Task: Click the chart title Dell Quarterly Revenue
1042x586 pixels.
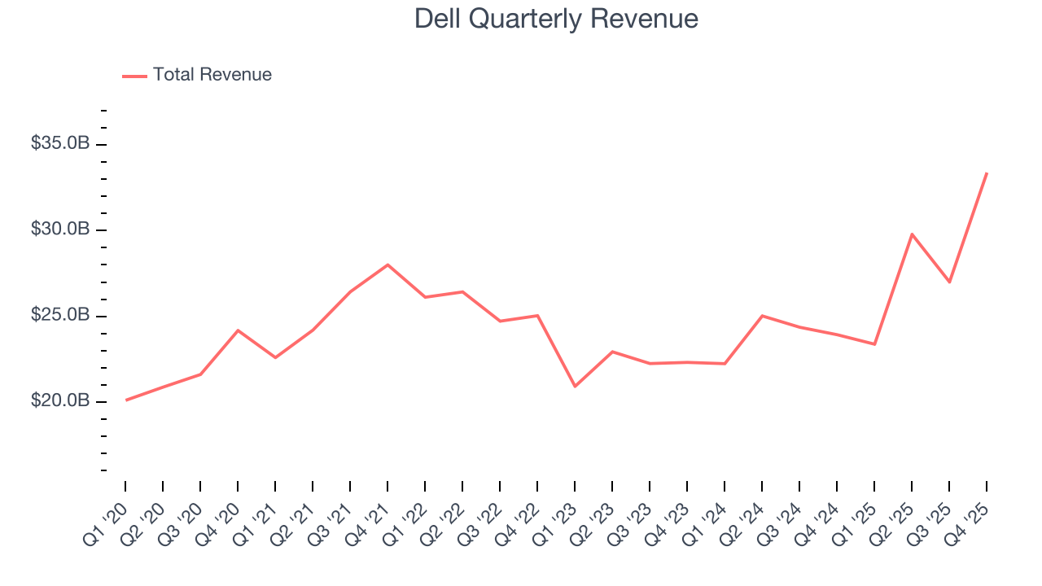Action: click(x=556, y=19)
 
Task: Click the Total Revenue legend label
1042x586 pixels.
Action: click(x=212, y=75)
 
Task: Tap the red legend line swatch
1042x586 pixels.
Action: click(x=134, y=76)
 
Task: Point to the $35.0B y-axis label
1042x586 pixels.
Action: click(x=60, y=143)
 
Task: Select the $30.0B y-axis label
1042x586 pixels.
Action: click(x=60, y=230)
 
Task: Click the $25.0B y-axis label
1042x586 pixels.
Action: click(x=60, y=315)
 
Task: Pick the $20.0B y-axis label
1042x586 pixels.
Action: click(x=60, y=401)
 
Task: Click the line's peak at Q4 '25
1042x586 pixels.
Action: click(x=987, y=173)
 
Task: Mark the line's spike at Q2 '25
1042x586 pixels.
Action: click(x=912, y=234)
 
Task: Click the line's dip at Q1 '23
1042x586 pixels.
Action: click(x=575, y=386)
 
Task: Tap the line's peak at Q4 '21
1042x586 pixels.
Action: click(x=387, y=265)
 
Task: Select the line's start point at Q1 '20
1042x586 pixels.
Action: click(x=126, y=400)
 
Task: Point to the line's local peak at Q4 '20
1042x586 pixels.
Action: click(x=238, y=330)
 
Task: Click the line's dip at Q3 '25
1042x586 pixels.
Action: click(x=949, y=282)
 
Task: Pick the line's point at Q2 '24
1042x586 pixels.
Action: click(x=762, y=316)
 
